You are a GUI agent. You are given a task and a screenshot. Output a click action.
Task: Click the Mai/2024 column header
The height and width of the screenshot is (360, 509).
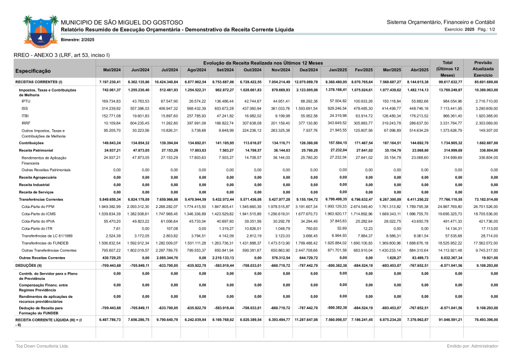point(112,70)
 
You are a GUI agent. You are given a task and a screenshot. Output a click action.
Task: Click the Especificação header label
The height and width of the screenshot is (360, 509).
point(34,71)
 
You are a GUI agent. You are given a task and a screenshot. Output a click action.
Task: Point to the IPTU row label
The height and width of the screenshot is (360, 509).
point(26,101)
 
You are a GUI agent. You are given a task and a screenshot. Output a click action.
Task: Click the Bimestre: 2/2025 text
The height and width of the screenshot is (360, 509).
point(77,40)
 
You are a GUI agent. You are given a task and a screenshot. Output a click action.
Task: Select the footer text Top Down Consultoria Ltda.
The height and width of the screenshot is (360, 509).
point(42,345)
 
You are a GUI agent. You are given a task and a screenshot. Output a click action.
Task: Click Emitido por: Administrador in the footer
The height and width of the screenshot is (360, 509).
point(471,345)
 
